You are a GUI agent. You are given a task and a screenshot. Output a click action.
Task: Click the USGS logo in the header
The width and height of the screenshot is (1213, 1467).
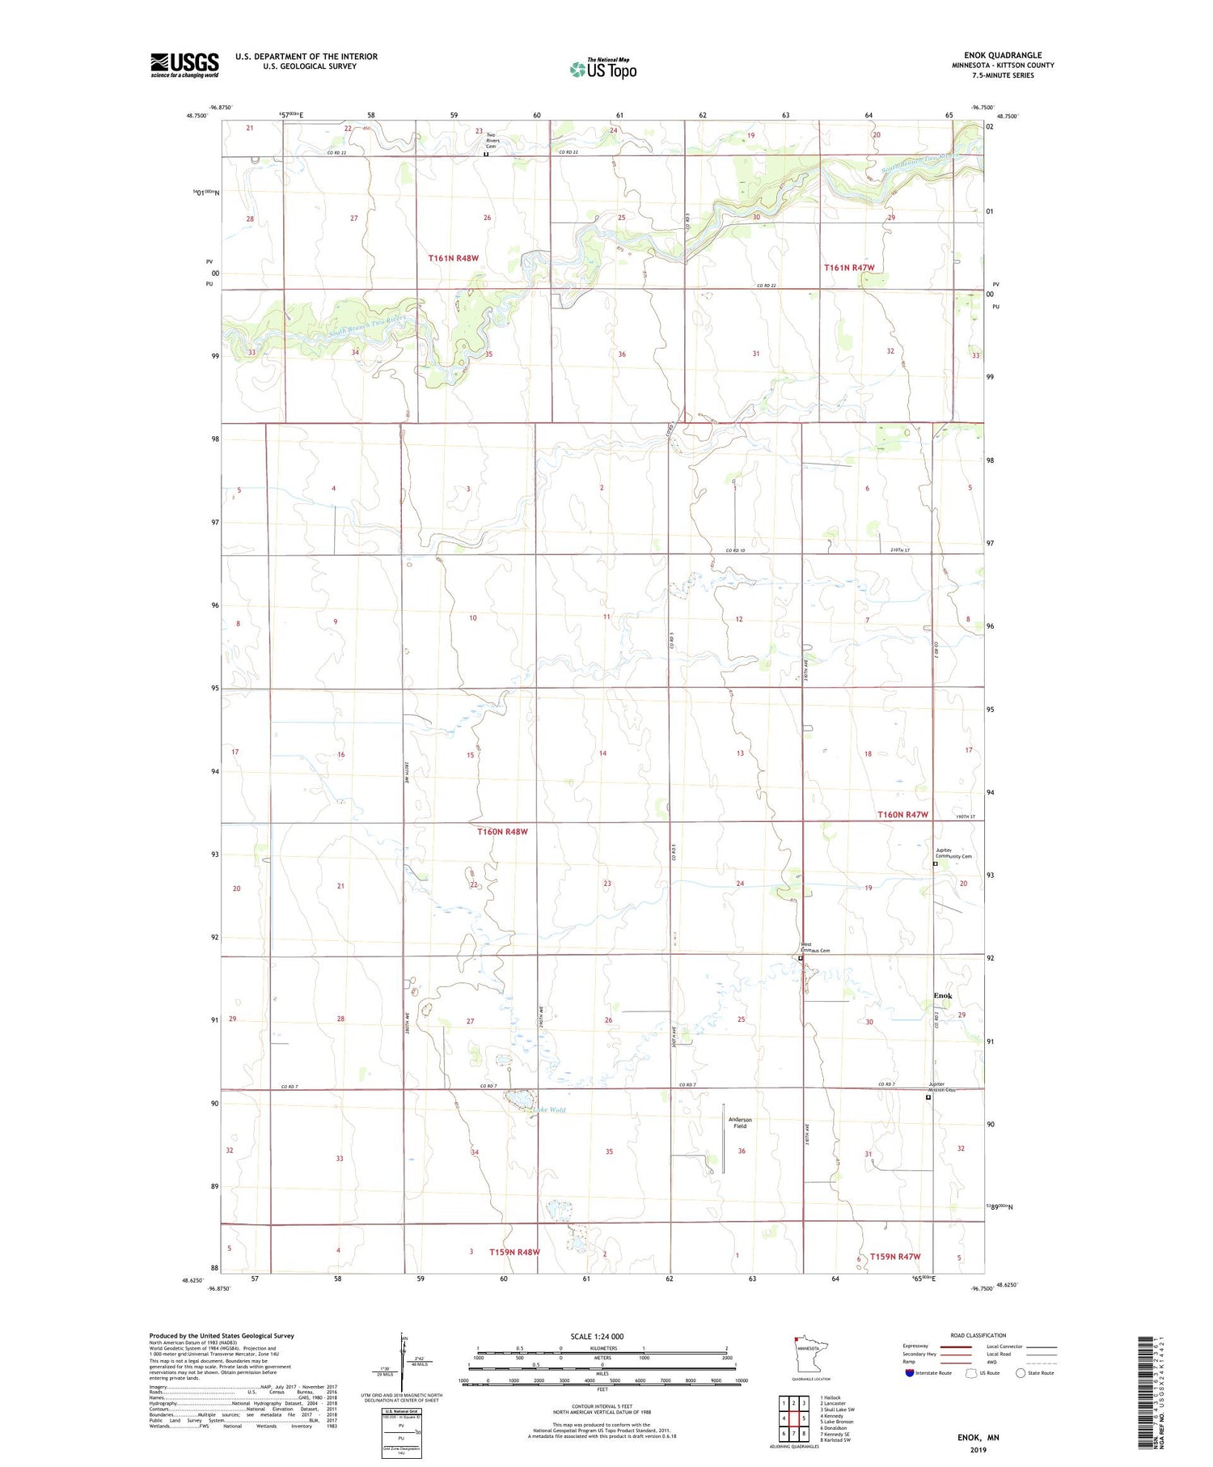184,65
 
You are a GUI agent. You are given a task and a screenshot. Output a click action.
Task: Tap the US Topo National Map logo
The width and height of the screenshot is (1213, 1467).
602,69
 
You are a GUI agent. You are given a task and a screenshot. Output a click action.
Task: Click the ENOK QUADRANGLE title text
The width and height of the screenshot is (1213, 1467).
1003,55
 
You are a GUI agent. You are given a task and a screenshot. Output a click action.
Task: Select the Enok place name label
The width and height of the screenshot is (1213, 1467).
943,995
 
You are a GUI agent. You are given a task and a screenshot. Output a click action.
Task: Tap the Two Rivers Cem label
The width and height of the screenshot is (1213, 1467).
492,140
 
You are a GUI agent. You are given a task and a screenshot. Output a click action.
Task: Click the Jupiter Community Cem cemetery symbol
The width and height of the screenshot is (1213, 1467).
936,864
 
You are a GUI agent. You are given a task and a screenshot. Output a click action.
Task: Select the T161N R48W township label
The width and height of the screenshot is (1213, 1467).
454,258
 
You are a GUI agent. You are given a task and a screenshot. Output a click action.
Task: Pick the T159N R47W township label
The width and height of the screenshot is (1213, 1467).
895,1257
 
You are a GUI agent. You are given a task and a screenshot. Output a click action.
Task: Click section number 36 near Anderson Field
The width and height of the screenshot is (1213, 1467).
742,1151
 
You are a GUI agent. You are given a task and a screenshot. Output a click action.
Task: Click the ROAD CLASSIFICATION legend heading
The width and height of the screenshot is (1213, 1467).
978,1335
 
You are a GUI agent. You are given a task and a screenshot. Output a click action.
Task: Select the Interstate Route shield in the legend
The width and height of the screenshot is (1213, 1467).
910,1372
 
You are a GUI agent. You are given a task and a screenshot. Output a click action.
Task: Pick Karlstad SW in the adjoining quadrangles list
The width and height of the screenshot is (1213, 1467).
835,1439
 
